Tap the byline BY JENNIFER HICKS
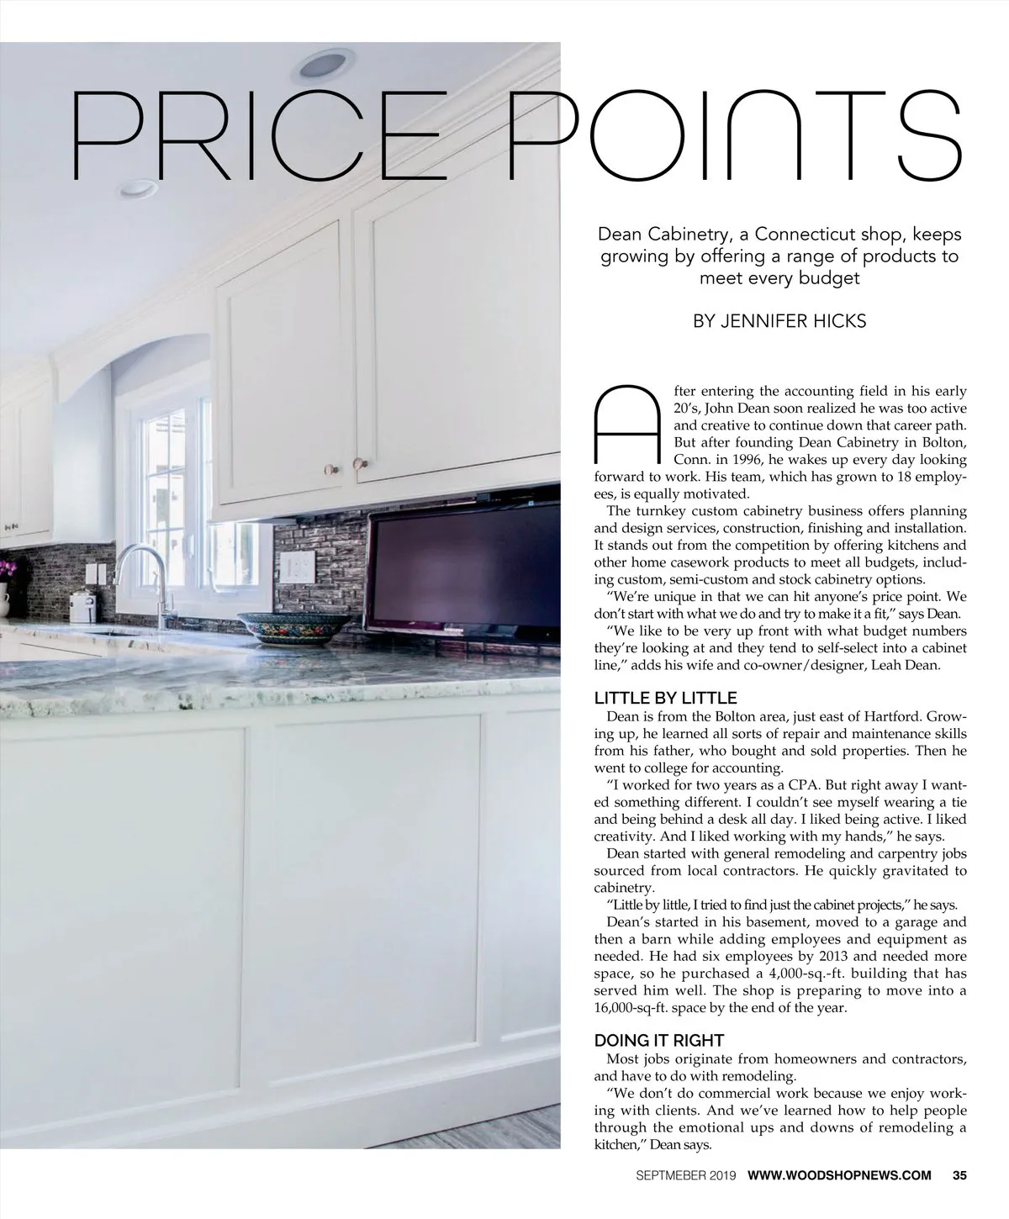coord(779,321)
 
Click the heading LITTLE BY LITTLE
coord(665,698)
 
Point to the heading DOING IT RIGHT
coord(658,1041)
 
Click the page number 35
coord(960,1175)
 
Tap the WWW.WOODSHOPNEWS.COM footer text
coord(839,1175)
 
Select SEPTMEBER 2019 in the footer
coord(685,1175)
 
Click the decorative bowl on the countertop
coord(293,626)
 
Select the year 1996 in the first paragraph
coord(763,460)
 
